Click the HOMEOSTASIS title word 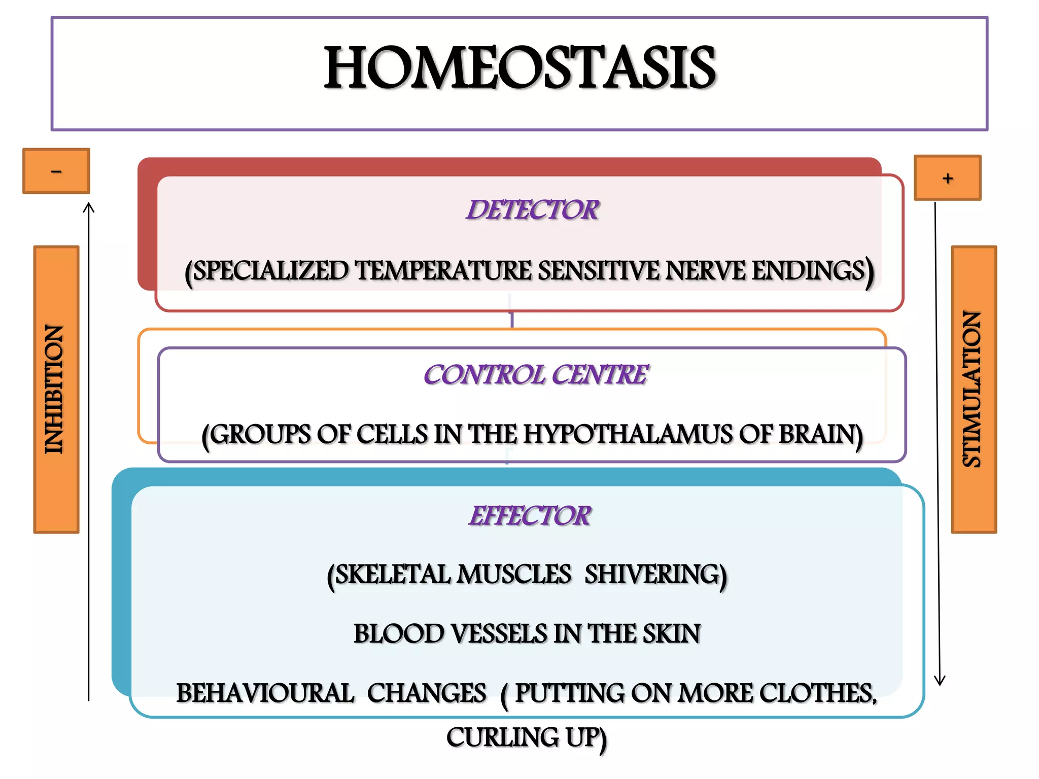tap(519, 68)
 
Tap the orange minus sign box tap(56, 171)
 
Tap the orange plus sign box tap(947, 178)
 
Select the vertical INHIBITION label tap(56, 389)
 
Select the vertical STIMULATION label tap(973, 389)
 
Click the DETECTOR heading tap(533, 210)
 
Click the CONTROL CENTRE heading tap(536, 375)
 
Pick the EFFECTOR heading tap(530, 516)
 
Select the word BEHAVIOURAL tap(265, 693)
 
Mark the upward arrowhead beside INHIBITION tap(89, 207)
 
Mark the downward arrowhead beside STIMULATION tap(940, 681)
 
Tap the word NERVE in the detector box tap(706, 270)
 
